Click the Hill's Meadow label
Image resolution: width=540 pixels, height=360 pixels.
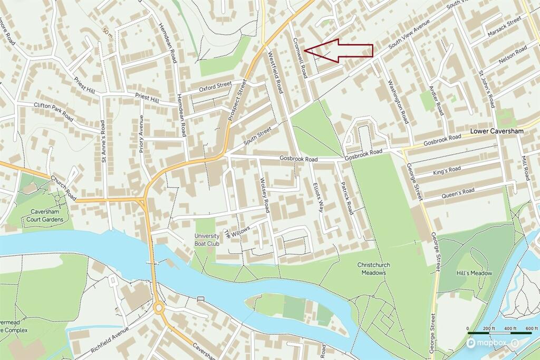tap(474, 273)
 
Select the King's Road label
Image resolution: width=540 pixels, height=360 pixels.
tap(447, 169)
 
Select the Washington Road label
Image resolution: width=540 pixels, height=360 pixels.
tap(398, 101)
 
